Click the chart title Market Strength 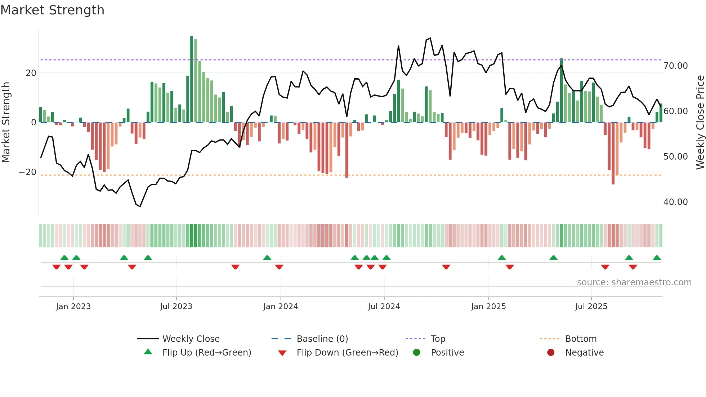tap(52, 10)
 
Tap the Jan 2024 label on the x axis tap(281, 307)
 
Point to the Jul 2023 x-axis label tap(176, 307)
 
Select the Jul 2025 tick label tap(591, 307)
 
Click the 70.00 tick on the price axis tap(675, 66)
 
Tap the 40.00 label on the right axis tap(675, 202)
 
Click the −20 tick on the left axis tap(28, 172)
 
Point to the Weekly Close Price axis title tap(700, 122)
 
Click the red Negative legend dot tap(551, 353)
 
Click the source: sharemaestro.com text tap(634, 282)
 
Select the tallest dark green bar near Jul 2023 tap(192, 79)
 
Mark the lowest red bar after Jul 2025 tap(613, 153)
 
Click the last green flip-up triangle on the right tap(657, 258)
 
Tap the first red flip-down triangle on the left tap(56, 267)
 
